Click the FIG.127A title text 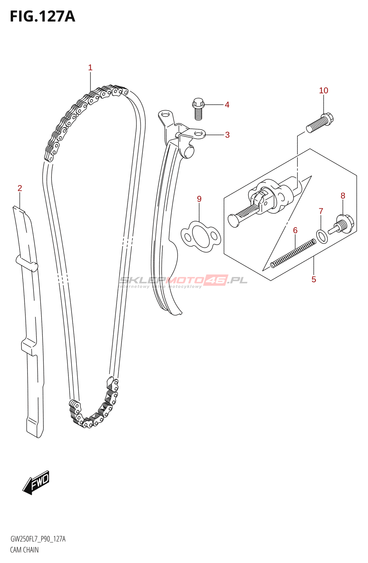[x=43, y=17]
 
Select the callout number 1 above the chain [x=90, y=68]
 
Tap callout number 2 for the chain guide [x=20, y=188]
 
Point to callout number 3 [x=227, y=135]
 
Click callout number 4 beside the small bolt [x=227, y=105]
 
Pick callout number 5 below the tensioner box [x=314, y=279]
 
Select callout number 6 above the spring [x=295, y=230]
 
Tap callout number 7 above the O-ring [x=321, y=211]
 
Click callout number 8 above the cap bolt [x=343, y=196]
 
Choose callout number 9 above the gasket [x=199, y=199]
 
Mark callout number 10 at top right [x=323, y=90]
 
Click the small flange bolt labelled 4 [x=198, y=108]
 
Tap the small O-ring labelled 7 [x=322, y=236]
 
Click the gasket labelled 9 [x=201, y=236]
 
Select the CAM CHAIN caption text [x=24, y=550]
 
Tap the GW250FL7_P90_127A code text [x=38, y=539]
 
